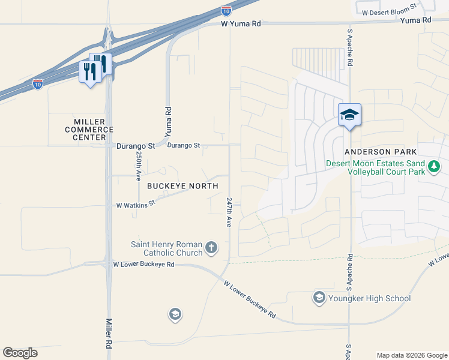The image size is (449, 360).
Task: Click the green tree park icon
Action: (434, 166)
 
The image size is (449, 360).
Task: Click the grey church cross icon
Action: (211, 247)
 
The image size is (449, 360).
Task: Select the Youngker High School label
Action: (369, 298)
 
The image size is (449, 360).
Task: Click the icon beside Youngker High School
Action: (319, 297)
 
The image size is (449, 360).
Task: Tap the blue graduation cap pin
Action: (349, 114)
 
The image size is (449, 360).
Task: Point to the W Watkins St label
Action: (136, 205)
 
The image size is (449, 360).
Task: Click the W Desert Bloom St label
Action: (389, 10)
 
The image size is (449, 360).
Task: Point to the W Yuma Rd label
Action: (241, 24)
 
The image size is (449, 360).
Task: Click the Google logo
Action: (20, 353)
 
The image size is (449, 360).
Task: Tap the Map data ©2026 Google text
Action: (412, 355)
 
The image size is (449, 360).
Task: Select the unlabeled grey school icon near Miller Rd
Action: (175, 314)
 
